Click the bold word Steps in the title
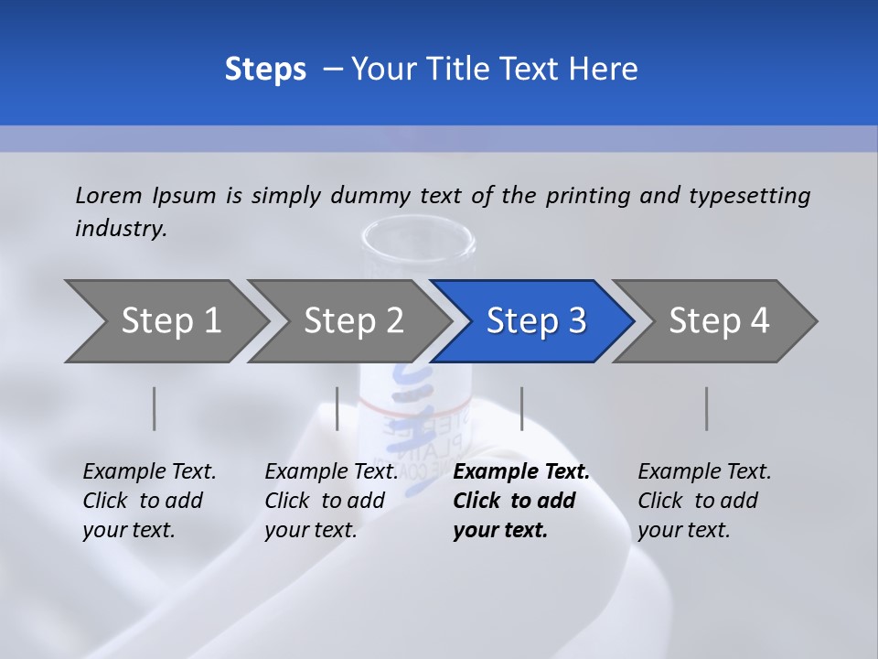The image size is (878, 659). click(265, 70)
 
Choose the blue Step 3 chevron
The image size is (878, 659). click(536, 321)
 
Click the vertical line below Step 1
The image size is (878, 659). click(155, 408)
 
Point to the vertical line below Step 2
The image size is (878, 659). click(337, 408)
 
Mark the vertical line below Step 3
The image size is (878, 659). click(521, 408)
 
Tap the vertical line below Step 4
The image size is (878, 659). click(706, 408)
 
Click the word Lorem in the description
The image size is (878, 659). click(109, 195)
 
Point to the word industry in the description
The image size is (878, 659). click(121, 228)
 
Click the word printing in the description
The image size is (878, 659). click(589, 196)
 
